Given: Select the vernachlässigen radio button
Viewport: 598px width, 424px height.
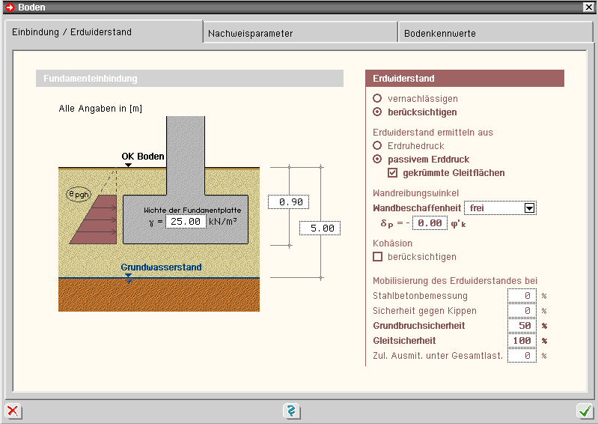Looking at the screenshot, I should click(x=377, y=98).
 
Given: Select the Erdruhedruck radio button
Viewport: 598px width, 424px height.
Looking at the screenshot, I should click(x=377, y=145).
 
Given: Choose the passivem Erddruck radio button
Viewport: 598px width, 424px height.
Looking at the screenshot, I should click(x=377, y=160).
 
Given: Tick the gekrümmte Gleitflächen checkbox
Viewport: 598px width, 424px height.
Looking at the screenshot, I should click(x=393, y=173).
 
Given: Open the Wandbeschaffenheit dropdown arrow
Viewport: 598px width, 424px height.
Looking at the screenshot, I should click(x=530, y=208).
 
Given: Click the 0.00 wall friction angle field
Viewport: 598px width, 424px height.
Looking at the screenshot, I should click(x=430, y=223).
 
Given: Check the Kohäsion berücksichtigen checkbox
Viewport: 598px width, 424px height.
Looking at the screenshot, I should click(x=378, y=257).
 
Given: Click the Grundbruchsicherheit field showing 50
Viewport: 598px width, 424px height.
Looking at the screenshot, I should click(x=522, y=326).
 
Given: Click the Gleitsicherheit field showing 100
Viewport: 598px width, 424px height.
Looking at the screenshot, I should click(x=522, y=341).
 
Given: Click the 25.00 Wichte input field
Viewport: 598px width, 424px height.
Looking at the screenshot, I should click(x=186, y=222).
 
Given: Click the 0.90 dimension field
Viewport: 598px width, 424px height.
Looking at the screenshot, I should click(x=288, y=202).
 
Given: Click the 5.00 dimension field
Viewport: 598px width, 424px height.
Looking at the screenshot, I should click(x=320, y=228).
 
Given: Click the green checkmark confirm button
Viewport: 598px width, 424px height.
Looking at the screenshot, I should click(x=585, y=411).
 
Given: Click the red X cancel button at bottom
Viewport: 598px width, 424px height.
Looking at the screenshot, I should click(x=13, y=411).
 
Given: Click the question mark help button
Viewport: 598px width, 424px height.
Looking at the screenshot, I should click(x=292, y=411).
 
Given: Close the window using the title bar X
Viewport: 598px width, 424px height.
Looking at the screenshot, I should click(x=588, y=7).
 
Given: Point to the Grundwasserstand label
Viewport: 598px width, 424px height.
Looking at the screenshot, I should click(x=161, y=267).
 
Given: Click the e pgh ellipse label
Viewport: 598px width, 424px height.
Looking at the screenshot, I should click(x=77, y=195).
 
